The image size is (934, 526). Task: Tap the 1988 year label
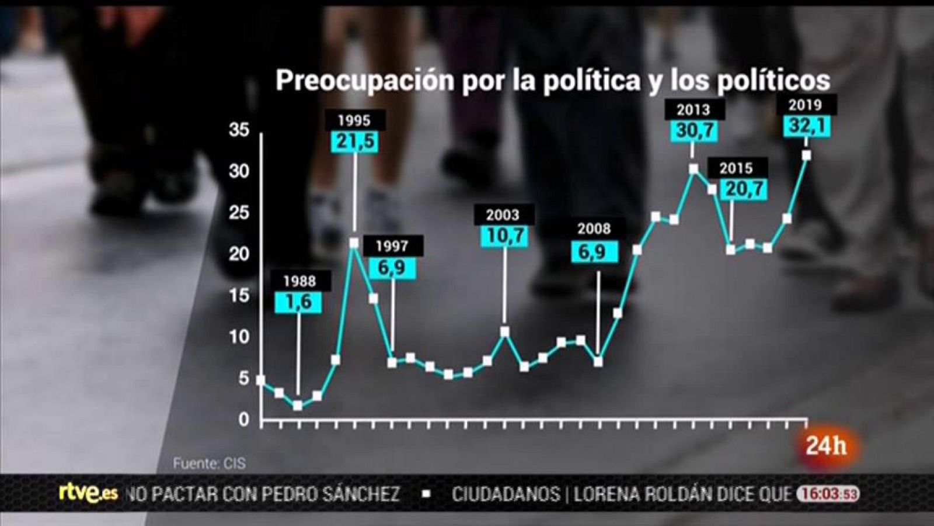(x=299, y=281)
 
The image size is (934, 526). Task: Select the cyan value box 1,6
(x=298, y=302)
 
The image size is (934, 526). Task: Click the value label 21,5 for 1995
(x=355, y=142)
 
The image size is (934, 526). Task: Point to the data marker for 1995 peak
(x=354, y=243)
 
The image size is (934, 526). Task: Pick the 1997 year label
(x=392, y=246)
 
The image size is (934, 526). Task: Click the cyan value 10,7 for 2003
(x=503, y=236)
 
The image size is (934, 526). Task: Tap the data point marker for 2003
(x=504, y=332)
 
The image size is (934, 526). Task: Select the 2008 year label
(x=594, y=229)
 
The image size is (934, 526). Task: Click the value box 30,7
(x=693, y=130)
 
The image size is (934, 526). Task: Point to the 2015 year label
(x=736, y=168)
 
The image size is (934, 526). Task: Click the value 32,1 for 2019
(x=806, y=126)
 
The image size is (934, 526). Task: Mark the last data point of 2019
(x=806, y=155)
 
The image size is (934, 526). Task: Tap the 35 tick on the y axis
(x=239, y=130)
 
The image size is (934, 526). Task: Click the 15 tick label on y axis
(x=239, y=296)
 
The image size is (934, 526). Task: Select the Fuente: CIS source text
(x=209, y=463)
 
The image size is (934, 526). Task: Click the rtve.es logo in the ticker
(x=88, y=493)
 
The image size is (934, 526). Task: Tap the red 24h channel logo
(x=825, y=447)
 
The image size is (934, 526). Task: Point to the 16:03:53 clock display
(x=828, y=494)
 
